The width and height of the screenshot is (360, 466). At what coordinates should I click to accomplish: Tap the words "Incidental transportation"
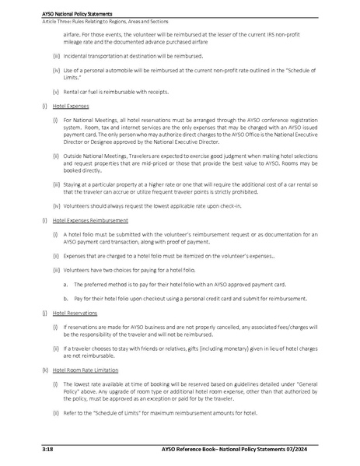[95, 57]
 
